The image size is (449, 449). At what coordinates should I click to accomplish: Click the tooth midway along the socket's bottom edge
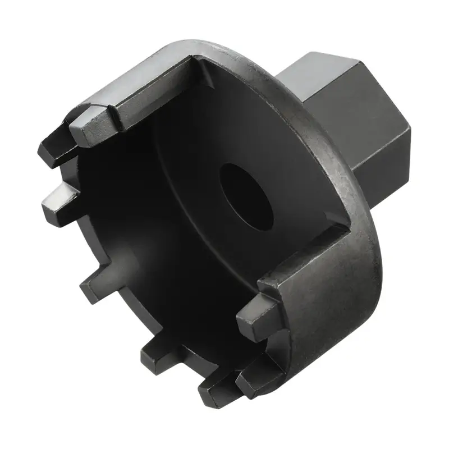160,351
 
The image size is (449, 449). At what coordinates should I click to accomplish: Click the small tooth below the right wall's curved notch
255,373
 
